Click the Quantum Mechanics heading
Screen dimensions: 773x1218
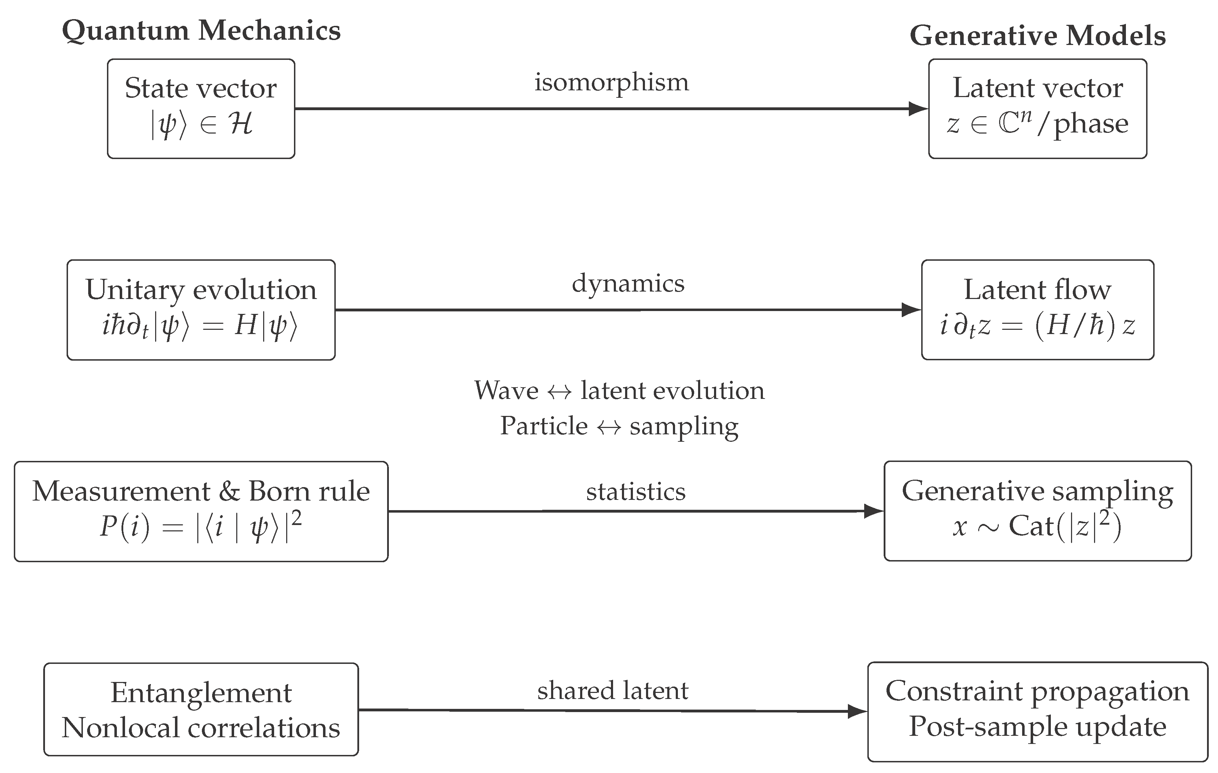click(x=201, y=31)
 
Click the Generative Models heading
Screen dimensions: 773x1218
click(x=1037, y=36)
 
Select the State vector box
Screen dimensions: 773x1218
click(x=201, y=108)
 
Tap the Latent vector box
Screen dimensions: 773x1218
click(x=1037, y=108)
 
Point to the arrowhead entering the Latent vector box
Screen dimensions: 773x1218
click(x=918, y=108)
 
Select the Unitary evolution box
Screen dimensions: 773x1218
click(x=201, y=310)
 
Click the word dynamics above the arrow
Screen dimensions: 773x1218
click(x=628, y=283)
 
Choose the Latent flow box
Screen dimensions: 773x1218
click(x=1037, y=310)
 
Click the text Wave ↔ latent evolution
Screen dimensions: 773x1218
click(x=619, y=390)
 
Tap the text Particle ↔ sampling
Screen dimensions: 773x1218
click(x=619, y=426)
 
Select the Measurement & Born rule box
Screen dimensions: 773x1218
click(x=201, y=511)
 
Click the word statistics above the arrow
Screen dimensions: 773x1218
click(x=636, y=491)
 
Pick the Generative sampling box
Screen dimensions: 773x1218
click(x=1037, y=511)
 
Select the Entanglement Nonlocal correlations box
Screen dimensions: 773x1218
click(x=201, y=709)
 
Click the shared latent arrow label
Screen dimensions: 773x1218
click(x=612, y=690)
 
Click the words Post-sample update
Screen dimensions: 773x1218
click(x=1037, y=727)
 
